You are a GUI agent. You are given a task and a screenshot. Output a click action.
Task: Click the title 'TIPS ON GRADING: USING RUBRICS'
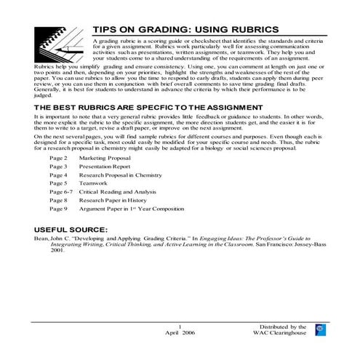tap(185, 29)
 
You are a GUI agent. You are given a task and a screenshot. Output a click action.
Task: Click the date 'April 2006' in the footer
tap(180, 332)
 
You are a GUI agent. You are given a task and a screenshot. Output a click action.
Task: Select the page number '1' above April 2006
tap(179, 326)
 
